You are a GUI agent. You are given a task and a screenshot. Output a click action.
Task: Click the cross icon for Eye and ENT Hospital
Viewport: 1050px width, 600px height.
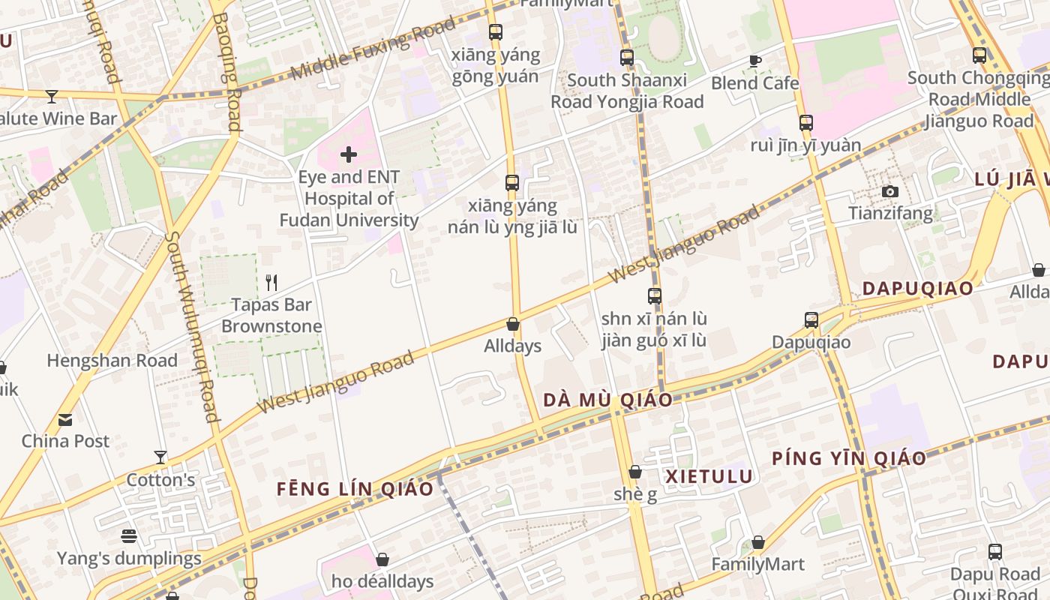point(349,154)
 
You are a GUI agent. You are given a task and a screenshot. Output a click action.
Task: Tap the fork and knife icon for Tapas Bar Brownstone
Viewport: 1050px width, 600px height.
point(271,283)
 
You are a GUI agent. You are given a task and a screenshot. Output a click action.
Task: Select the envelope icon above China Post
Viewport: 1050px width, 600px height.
point(65,419)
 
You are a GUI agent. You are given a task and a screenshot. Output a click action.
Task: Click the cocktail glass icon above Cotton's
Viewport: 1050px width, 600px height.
point(160,457)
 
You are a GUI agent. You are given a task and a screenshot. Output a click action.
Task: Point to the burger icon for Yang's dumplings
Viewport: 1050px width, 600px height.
point(129,536)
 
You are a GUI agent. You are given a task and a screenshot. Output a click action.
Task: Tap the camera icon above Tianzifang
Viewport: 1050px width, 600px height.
point(890,191)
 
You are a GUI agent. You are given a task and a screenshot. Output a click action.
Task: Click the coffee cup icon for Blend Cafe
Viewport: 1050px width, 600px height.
point(754,61)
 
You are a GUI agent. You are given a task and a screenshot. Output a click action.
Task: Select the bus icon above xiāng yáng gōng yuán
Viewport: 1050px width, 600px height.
point(495,32)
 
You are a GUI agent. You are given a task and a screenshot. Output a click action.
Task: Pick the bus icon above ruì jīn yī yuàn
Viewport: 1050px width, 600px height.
point(805,122)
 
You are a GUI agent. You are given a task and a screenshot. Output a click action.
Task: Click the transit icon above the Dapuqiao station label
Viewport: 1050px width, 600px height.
point(811,320)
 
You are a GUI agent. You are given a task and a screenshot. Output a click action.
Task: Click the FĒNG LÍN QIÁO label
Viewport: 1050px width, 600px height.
point(355,489)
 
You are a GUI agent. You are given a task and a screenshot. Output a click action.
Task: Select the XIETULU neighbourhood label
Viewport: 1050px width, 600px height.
point(709,476)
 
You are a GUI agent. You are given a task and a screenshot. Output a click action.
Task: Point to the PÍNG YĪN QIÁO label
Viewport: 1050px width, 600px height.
point(849,458)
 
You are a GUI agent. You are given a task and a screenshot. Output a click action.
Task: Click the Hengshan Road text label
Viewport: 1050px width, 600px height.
point(112,361)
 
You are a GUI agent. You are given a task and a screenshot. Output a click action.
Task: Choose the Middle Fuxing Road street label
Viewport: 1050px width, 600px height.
point(373,49)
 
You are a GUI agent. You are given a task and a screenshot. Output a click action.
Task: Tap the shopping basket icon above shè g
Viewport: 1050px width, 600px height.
point(635,472)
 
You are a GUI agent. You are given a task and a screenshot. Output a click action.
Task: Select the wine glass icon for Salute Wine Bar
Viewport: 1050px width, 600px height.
point(52,96)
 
